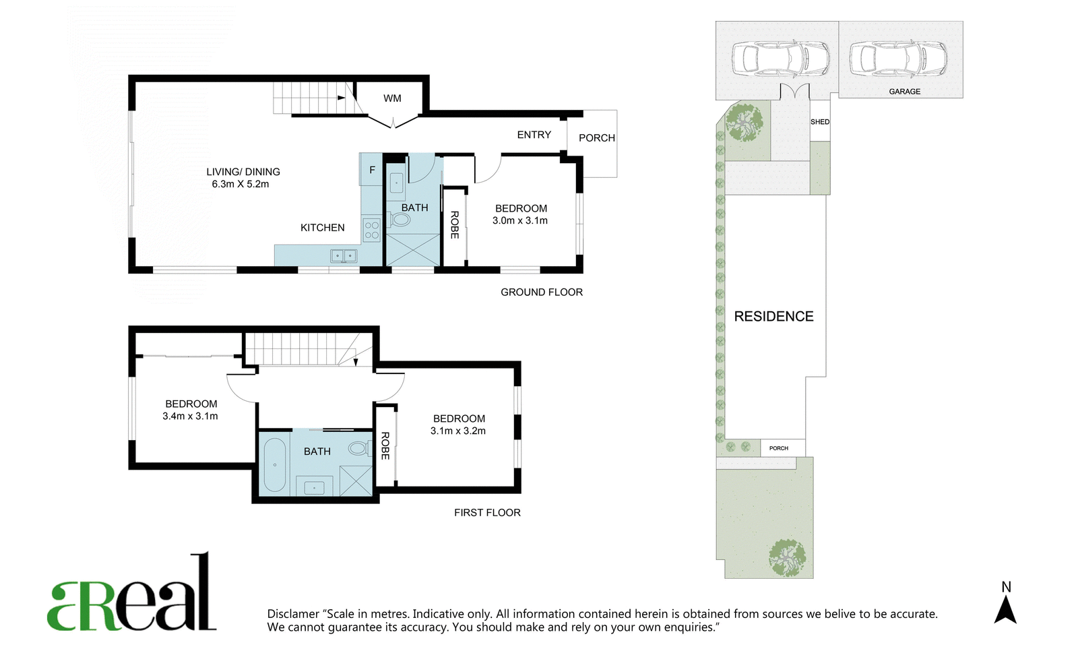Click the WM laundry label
[392, 98]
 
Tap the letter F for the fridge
[372, 170]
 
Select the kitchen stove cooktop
[372, 230]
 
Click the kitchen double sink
[344, 255]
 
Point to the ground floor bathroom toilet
[398, 220]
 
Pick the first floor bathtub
[275, 464]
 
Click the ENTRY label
[534, 135]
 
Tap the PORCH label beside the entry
[597, 138]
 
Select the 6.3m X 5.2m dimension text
[240, 184]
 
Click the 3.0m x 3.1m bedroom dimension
[519, 220]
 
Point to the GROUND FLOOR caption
[542, 292]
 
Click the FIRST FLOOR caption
[487, 512]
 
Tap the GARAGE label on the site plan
[905, 92]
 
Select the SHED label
[820, 122]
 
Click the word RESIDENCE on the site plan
[774, 316]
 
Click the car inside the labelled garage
[898, 59]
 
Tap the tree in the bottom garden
[787, 557]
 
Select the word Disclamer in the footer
[293, 614]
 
